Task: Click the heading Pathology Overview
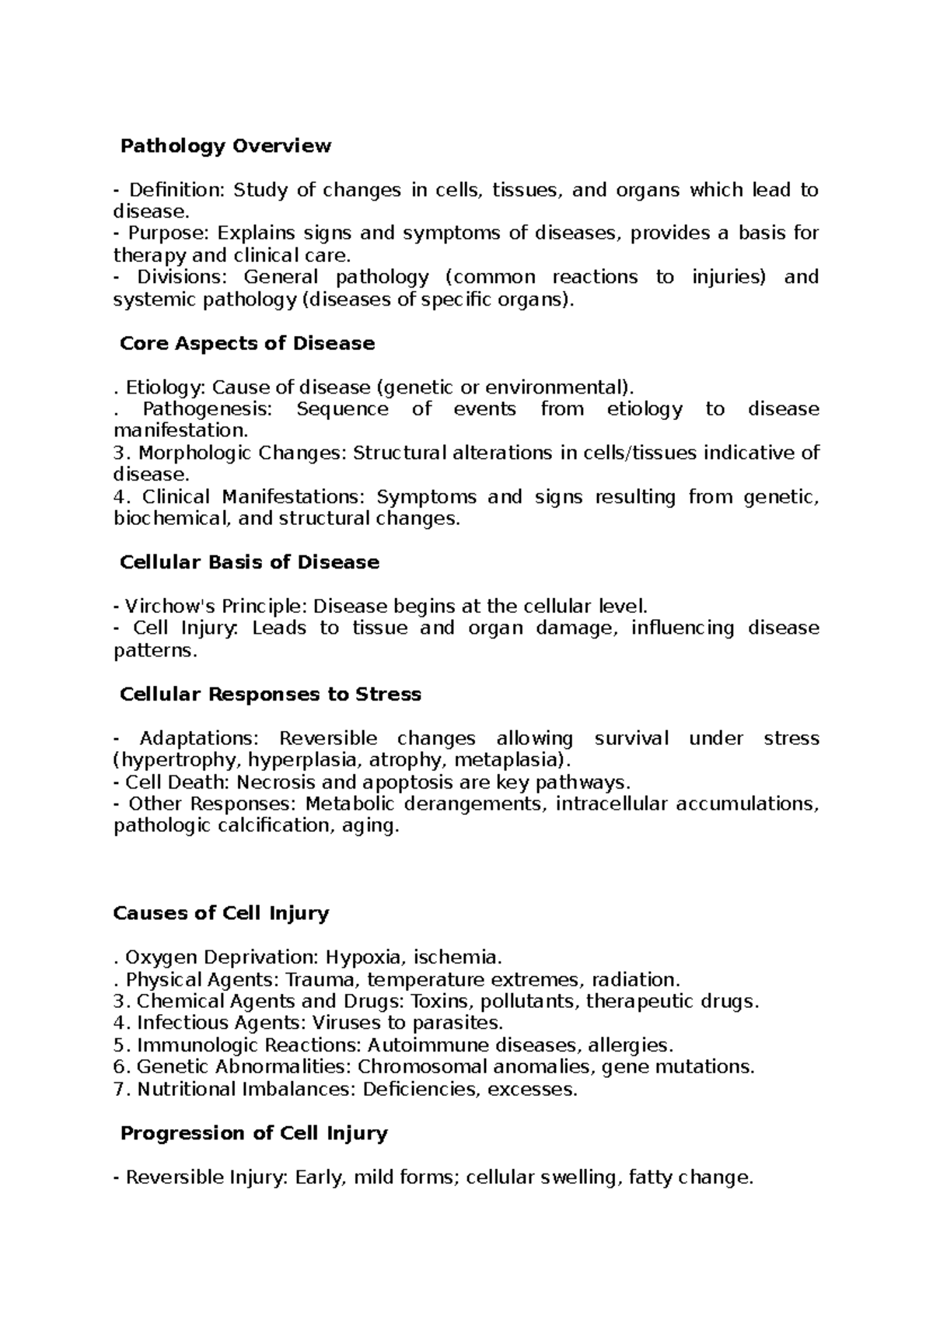[225, 145]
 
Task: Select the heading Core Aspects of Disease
[246, 343]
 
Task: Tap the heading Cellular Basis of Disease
[249, 562]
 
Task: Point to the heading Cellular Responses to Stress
[270, 694]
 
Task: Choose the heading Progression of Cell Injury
[253, 1133]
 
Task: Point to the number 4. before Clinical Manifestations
[121, 496]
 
